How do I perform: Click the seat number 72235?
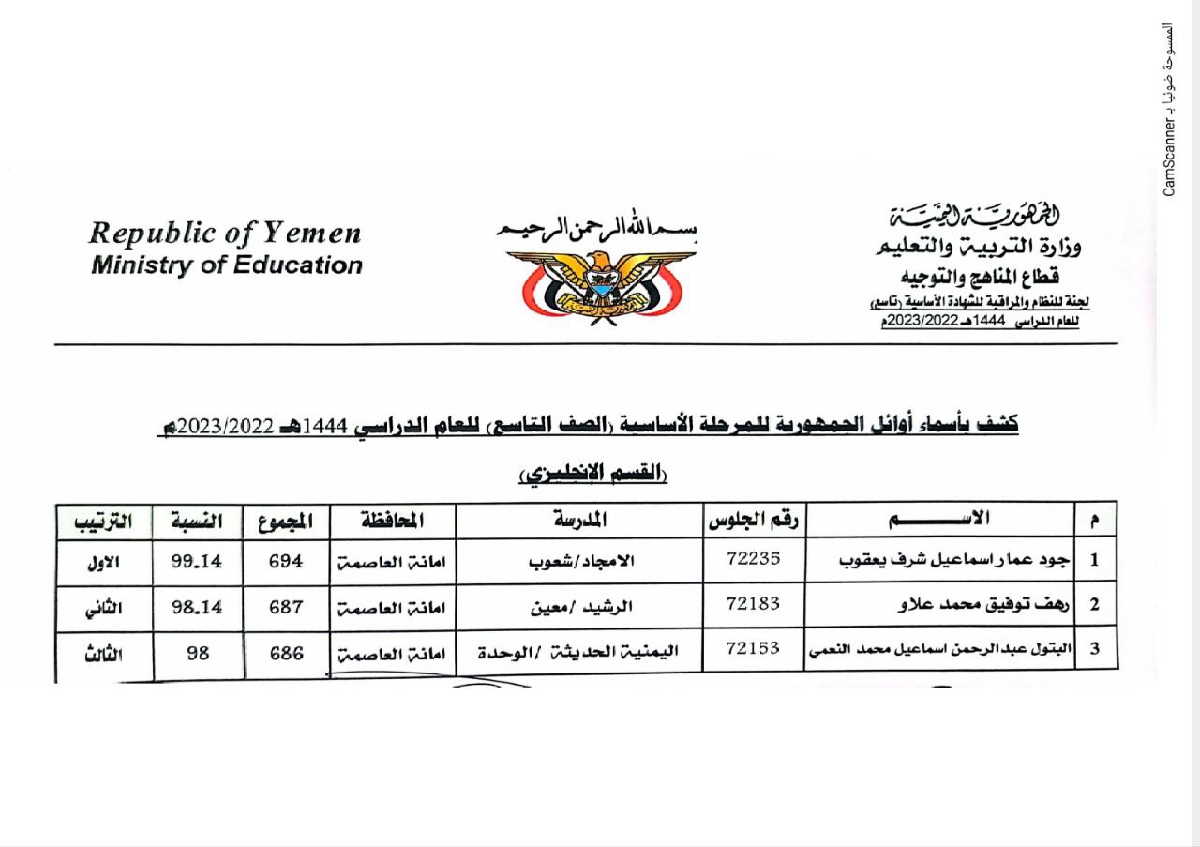[753, 559]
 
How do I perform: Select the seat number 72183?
[753, 603]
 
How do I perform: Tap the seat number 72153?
[753, 648]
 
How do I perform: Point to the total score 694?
[286, 561]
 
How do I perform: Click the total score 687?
[286, 606]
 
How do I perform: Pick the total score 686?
[286, 652]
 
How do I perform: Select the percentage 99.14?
[197, 561]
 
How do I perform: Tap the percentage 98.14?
[197, 606]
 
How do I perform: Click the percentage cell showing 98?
[197, 652]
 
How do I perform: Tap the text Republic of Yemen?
[225, 233]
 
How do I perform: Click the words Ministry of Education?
[226, 265]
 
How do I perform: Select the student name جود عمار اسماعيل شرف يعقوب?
[965, 560]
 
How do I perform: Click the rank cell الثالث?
[102, 654]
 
